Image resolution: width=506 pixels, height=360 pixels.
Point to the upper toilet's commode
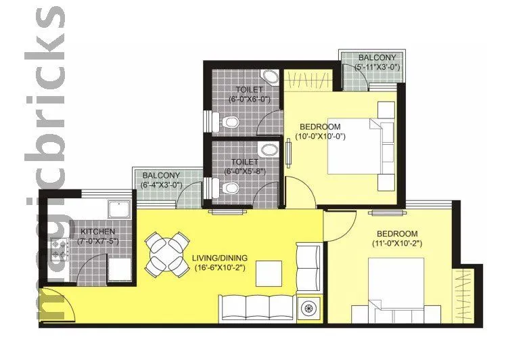tap(229, 122)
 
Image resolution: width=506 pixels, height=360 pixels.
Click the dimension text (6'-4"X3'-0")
tap(162, 185)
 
